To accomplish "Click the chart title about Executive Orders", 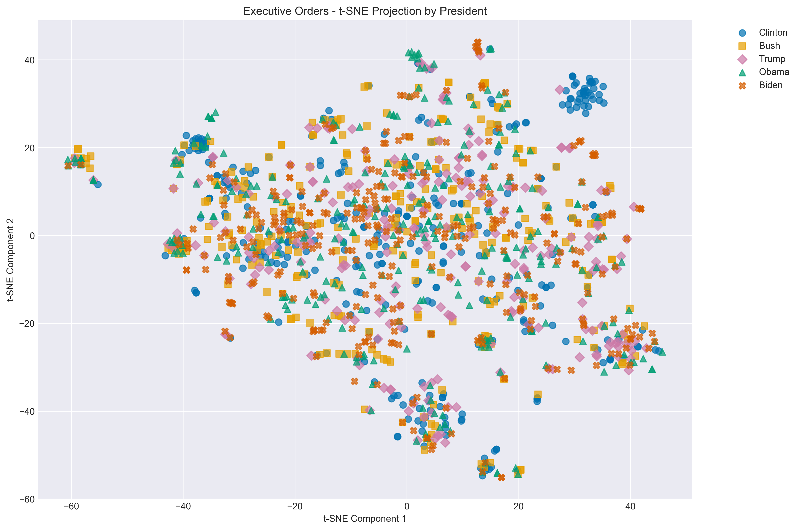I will pos(365,11).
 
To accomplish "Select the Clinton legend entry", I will pos(773,32).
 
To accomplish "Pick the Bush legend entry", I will pos(769,46).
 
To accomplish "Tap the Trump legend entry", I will pos(772,59).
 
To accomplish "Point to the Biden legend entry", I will pos(771,85).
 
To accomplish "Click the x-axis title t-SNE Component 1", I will pos(365,519).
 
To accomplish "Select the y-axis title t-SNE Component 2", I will pos(11,260).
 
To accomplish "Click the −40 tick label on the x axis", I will pos(183,507).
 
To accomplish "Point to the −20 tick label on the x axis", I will pos(295,507).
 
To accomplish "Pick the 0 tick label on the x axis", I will pos(407,507).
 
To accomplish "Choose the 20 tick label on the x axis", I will pos(518,507).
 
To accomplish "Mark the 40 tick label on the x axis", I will pos(630,507).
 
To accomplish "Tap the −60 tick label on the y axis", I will pos(27,499).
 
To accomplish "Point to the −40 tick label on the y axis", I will pos(27,411).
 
